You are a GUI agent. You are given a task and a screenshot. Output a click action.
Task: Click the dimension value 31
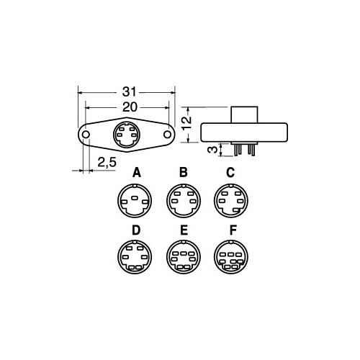click(x=130, y=91)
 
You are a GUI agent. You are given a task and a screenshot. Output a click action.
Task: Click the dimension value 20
click(x=130, y=107)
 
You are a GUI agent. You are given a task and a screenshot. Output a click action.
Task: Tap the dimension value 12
click(x=187, y=123)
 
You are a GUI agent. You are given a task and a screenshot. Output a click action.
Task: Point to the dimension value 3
click(x=212, y=150)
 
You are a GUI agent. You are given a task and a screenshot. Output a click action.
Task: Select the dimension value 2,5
click(x=107, y=163)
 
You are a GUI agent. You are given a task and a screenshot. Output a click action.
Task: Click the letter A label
click(x=137, y=172)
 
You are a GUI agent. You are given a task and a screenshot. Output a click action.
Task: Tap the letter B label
click(x=184, y=172)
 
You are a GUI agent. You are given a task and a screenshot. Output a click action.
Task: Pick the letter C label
click(x=230, y=172)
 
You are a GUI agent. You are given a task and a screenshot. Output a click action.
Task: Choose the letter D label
click(x=136, y=230)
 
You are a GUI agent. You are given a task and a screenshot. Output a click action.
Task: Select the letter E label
click(x=184, y=230)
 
